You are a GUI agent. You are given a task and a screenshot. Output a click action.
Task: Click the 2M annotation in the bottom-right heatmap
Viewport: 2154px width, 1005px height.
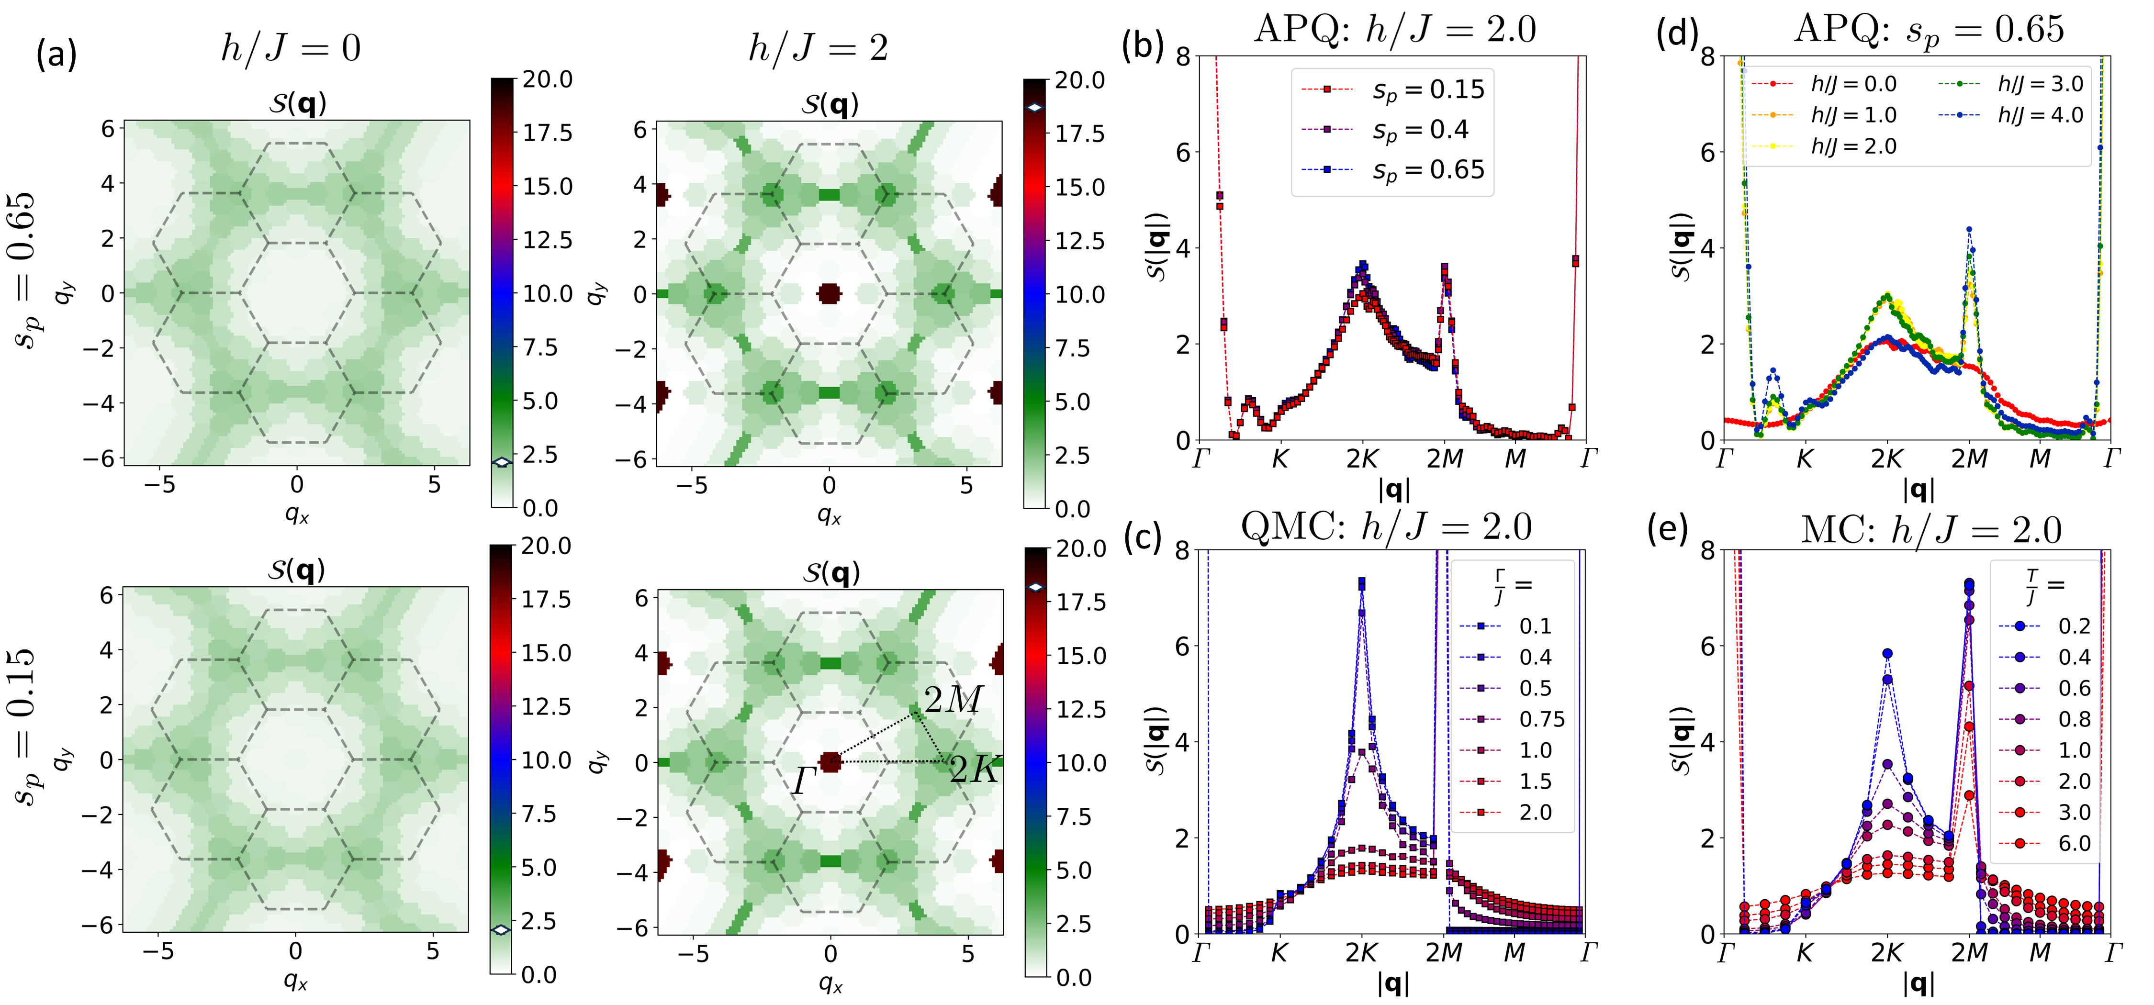[953, 700]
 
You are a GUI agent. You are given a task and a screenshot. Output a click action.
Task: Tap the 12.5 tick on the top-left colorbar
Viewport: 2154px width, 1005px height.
[548, 240]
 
